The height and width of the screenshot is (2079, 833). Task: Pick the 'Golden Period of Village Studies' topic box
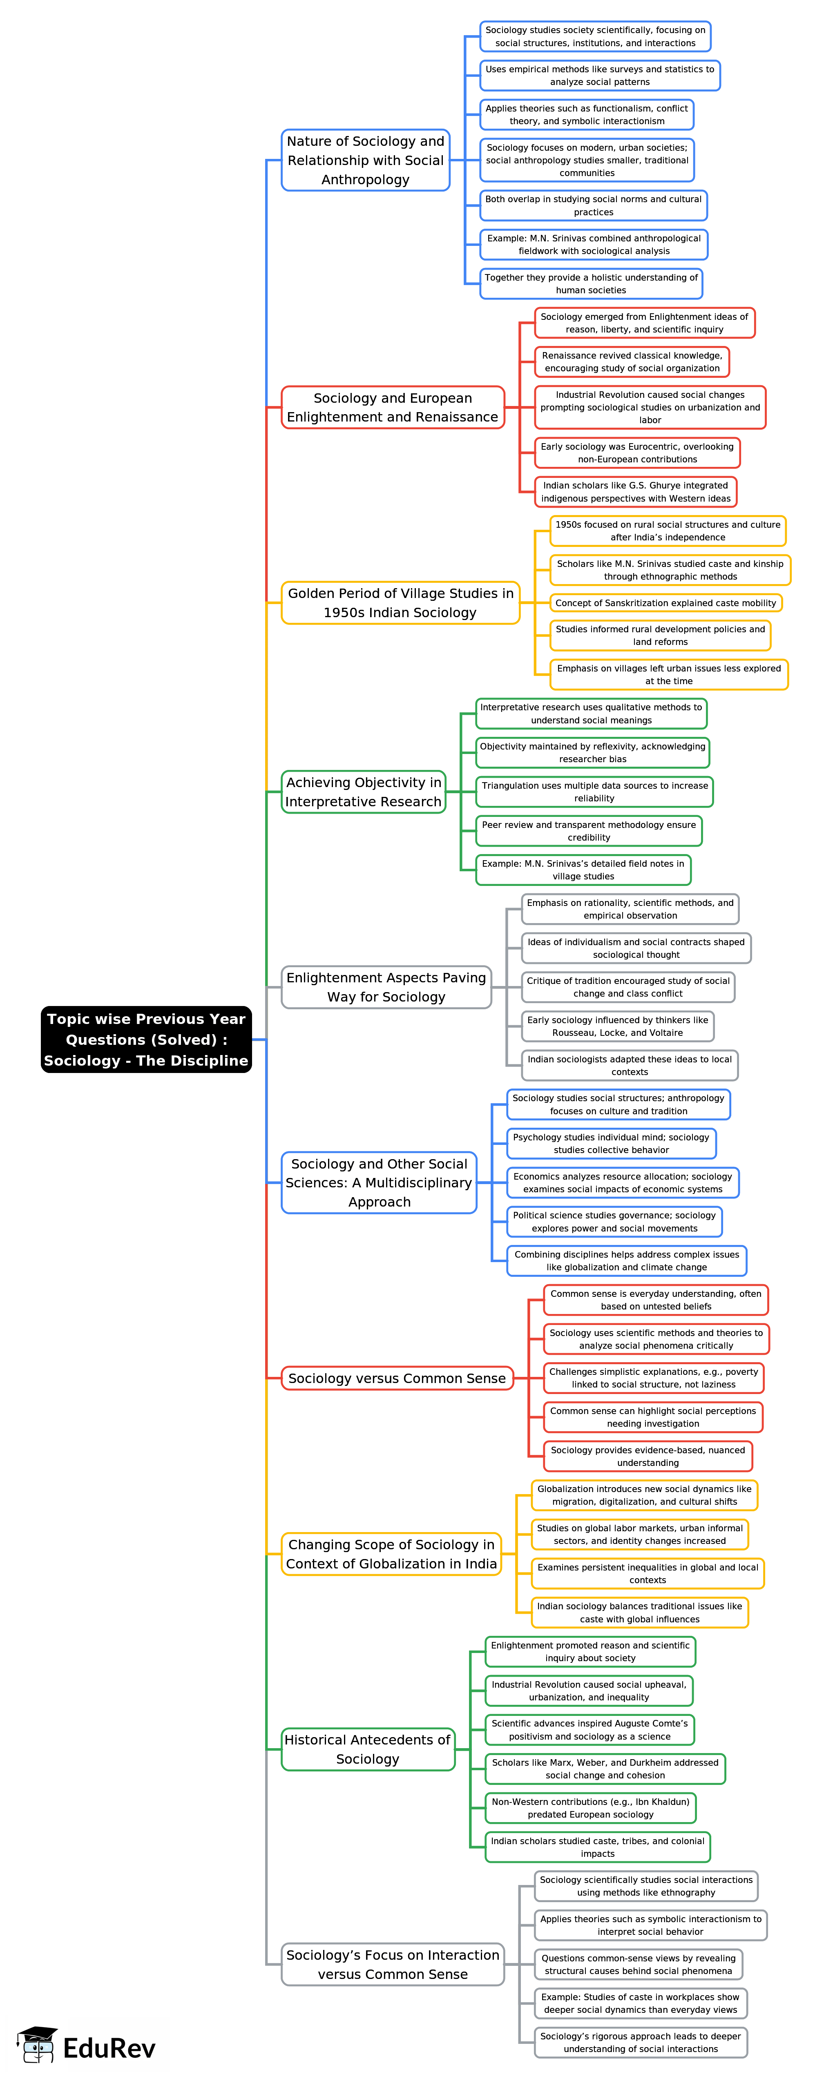click(400, 603)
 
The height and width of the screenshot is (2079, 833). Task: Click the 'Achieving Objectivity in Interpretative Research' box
click(363, 792)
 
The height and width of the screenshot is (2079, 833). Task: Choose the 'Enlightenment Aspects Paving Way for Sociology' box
click(386, 987)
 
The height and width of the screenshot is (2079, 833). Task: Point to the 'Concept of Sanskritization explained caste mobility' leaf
click(665, 603)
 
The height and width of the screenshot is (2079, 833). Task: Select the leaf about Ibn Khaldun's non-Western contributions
click(590, 1808)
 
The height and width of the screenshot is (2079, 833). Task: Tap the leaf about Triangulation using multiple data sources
click(594, 792)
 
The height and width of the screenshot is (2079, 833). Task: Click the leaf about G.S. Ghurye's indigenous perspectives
click(635, 491)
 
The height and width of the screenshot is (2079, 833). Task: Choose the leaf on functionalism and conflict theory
click(587, 115)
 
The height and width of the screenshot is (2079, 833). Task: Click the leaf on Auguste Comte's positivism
click(589, 1729)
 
